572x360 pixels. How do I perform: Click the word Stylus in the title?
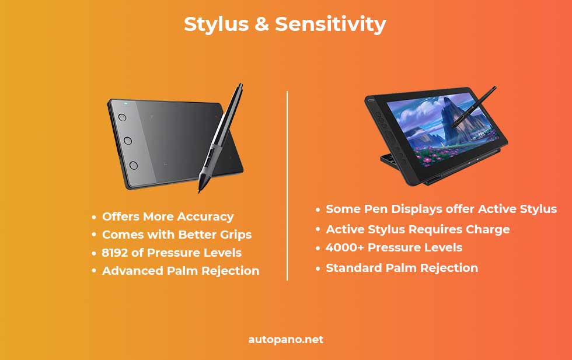(x=216, y=25)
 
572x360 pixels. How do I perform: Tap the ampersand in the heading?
(x=261, y=24)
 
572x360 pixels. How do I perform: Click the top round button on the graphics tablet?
(x=122, y=117)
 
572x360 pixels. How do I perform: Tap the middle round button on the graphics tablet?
(x=128, y=141)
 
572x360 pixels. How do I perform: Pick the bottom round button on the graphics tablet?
(x=134, y=165)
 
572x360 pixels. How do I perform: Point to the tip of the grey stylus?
(x=200, y=191)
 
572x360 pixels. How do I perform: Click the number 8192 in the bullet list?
(x=114, y=253)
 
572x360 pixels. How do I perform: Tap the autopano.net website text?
(x=285, y=340)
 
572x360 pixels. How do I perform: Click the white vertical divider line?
(x=287, y=186)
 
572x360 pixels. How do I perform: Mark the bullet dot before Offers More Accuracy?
(x=94, y=217)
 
